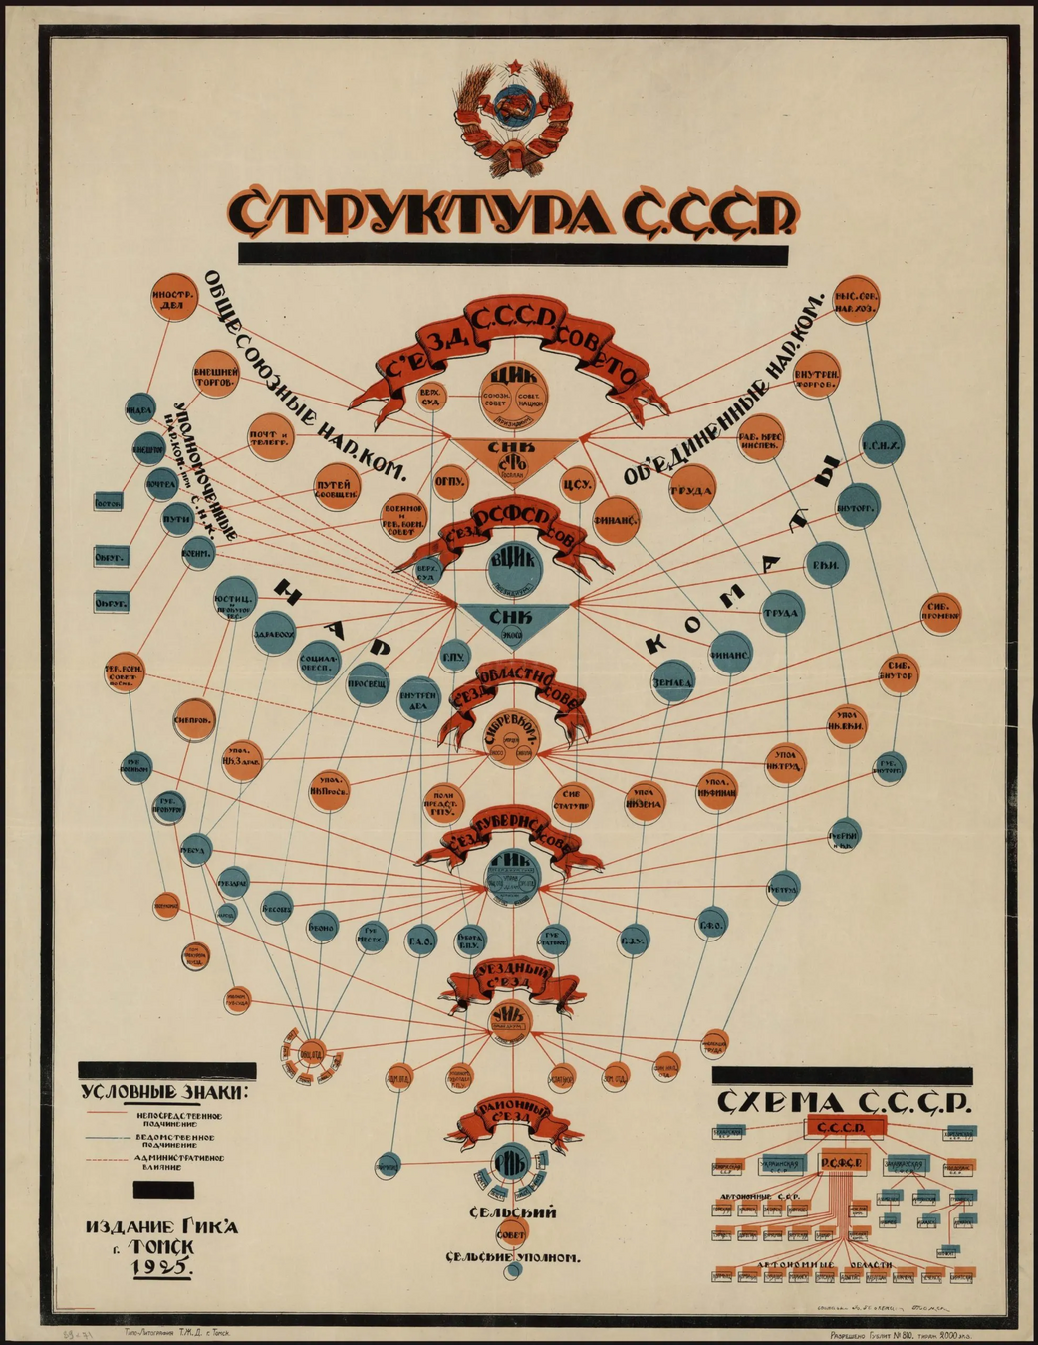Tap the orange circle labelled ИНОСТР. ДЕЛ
click(171, 300)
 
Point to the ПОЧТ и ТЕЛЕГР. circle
click(270, 437)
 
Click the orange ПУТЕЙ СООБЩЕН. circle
click(338, 486)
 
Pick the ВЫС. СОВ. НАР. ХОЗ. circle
click(862, 300)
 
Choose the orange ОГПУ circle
click(450, 481)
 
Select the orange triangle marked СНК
click(514, 455)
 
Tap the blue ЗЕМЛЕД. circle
click(673, 683)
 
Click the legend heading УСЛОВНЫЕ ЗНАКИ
click(166, 1091)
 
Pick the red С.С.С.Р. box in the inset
click(845, 1127)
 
